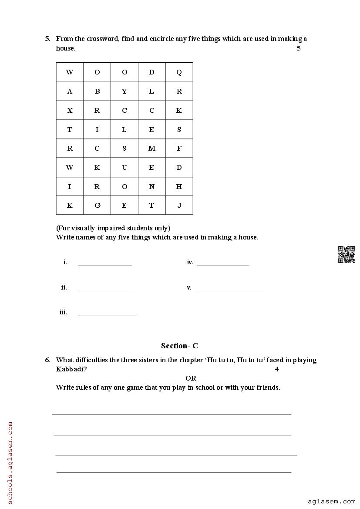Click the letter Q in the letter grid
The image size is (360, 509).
[x=179, y=72]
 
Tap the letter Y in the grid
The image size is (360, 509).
[x=124, y=91]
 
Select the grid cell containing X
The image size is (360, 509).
[x=70, y=111]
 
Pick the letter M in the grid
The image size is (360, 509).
[x=151, y=148]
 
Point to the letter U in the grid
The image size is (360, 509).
[x=124, y=168]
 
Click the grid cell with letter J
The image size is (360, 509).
[x=179, y=206]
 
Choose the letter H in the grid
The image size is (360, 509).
[x=179, y=186]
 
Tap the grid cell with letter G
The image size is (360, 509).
[x=97, y=206]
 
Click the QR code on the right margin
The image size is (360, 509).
[x=347, y=254]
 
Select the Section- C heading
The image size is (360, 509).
[x=179, y=346]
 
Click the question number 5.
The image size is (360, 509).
[x=47, y=39]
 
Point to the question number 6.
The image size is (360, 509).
[x=47, y=360]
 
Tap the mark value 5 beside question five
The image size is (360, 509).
[x=299, y=48]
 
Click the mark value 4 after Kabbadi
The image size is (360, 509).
[x=276, y=369]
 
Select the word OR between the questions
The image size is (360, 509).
[x=191, y=378]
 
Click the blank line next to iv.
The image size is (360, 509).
[x=222, y=264]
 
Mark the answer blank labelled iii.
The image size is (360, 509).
[x=107, y=314]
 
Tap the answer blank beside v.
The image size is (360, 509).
[x=230, y=290]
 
